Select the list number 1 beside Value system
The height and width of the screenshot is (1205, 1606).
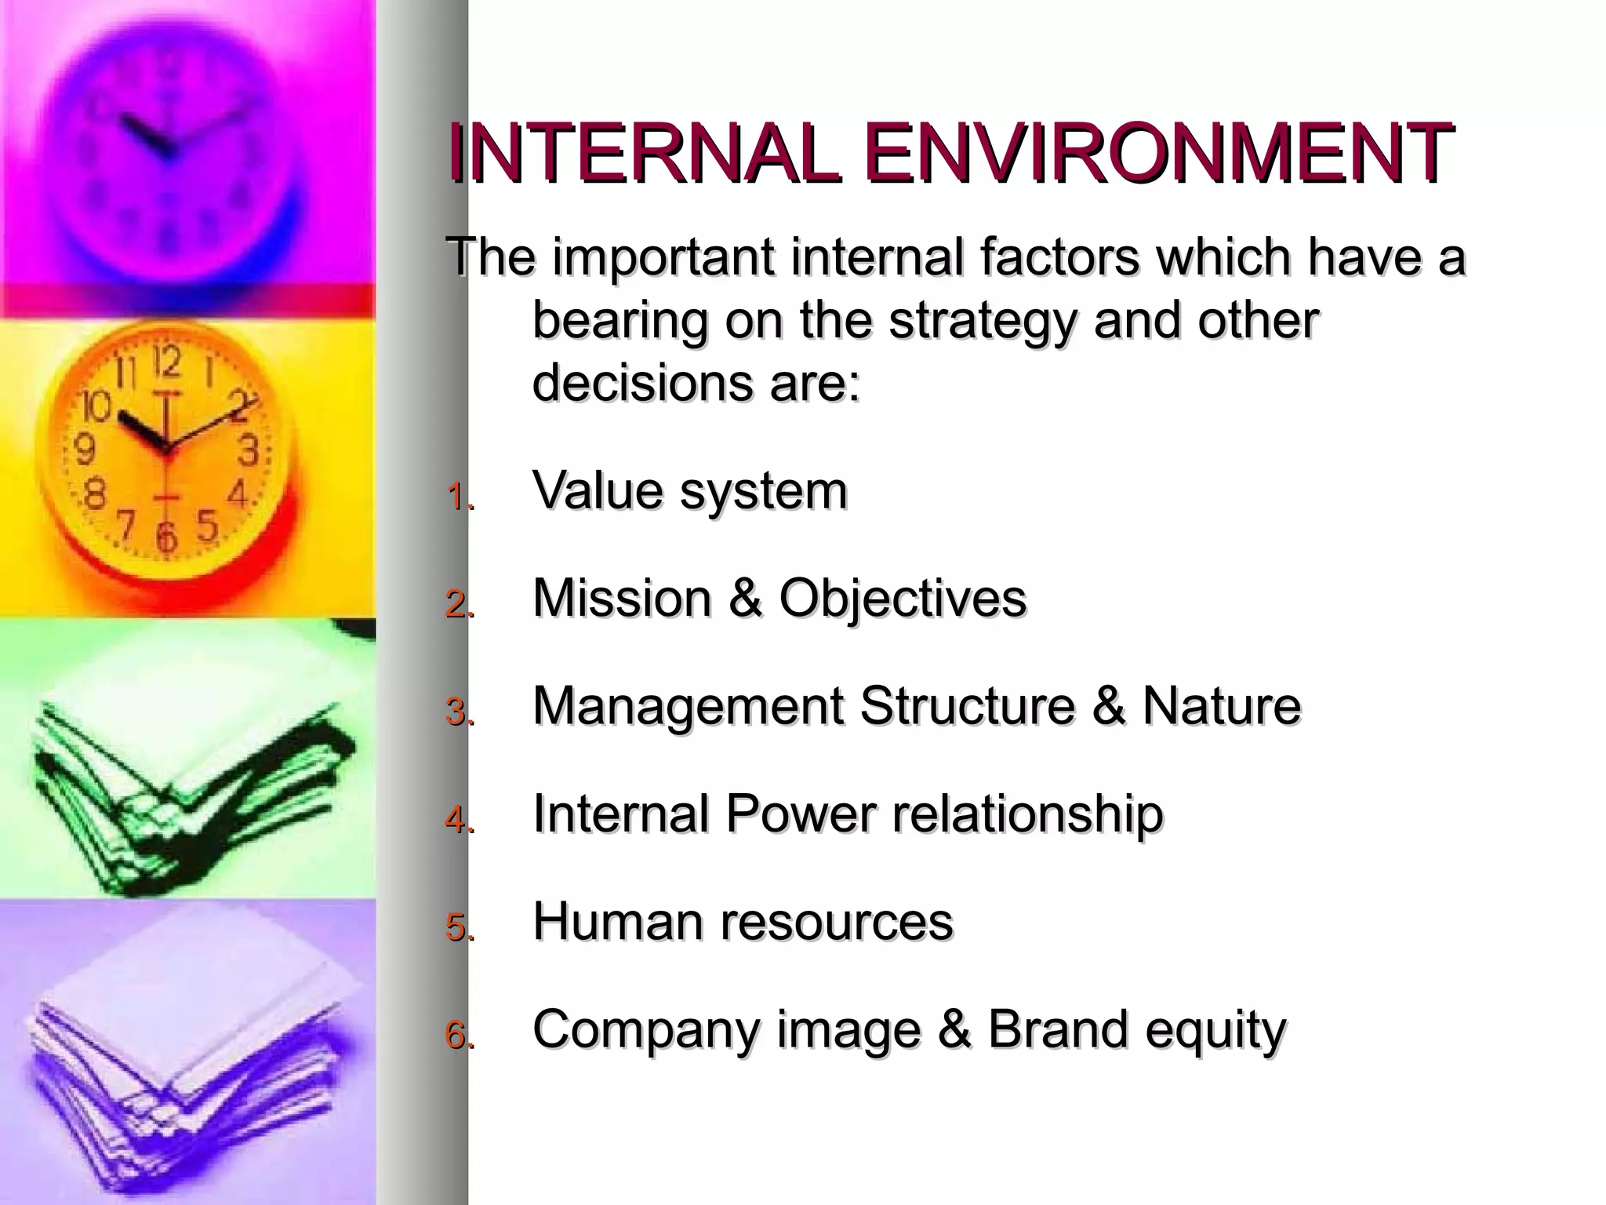tap(458, 497)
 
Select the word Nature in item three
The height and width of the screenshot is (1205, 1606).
tap(1221, 706)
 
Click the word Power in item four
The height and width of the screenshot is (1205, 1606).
tap(800, 814)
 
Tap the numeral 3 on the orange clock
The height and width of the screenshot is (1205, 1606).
tap(249, 451)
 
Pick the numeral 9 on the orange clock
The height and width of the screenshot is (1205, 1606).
tap(84, 450)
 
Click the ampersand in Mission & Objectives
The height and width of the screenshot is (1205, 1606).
tap(745, 599)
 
